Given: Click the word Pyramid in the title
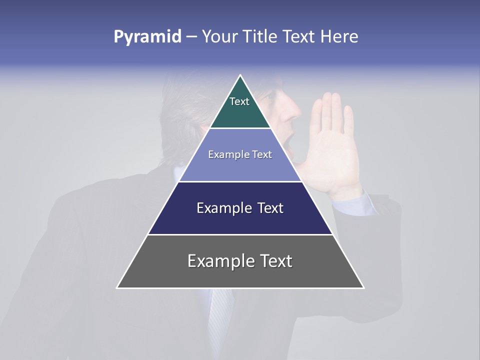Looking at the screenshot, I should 147,37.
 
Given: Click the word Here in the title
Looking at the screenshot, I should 339,37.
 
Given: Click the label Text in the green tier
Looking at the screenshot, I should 239,101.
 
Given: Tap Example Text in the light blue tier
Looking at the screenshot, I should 240,154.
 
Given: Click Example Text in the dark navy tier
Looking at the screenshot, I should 240,208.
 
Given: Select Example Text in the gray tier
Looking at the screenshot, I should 240,261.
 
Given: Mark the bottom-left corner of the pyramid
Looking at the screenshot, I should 117,287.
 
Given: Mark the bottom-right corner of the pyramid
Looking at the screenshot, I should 363,287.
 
